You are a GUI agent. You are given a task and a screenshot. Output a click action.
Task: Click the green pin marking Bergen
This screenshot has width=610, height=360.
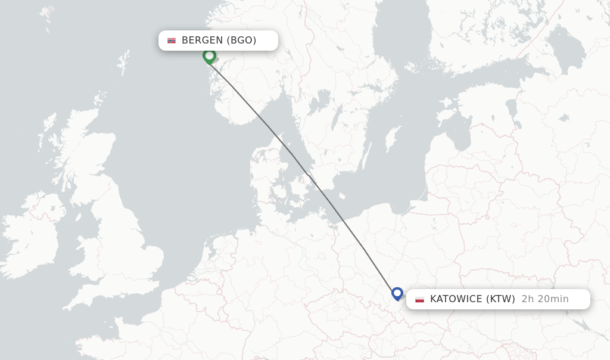[x=209, y=56]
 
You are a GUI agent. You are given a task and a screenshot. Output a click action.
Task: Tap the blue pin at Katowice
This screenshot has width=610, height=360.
[x=397, y=293]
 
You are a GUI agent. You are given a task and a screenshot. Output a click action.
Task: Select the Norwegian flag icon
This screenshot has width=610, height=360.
[x=172, y=41]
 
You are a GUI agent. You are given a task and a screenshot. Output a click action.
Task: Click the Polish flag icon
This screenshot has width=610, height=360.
[x=420, y=299]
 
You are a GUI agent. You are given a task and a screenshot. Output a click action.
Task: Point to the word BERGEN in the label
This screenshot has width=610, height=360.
[x=203, y=41]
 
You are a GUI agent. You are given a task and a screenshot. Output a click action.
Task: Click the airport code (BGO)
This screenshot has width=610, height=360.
[x=241, y=41]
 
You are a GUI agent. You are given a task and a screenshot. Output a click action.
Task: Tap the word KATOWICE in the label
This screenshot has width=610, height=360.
[x=456, y=299]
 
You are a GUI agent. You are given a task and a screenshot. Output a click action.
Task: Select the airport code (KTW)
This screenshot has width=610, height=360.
[x=501, y=299]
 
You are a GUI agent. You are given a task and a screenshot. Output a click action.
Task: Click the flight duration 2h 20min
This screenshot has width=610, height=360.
[x=544, y=299]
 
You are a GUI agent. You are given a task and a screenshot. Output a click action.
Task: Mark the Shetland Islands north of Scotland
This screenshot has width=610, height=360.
[x=124, y=62]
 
